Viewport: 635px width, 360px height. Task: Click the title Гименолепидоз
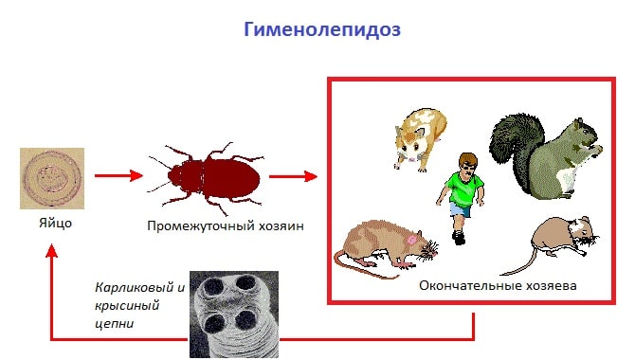pyautogui.click(x=323, y=29)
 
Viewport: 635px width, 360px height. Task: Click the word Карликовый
pyautogui.click(x=127, y=287)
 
